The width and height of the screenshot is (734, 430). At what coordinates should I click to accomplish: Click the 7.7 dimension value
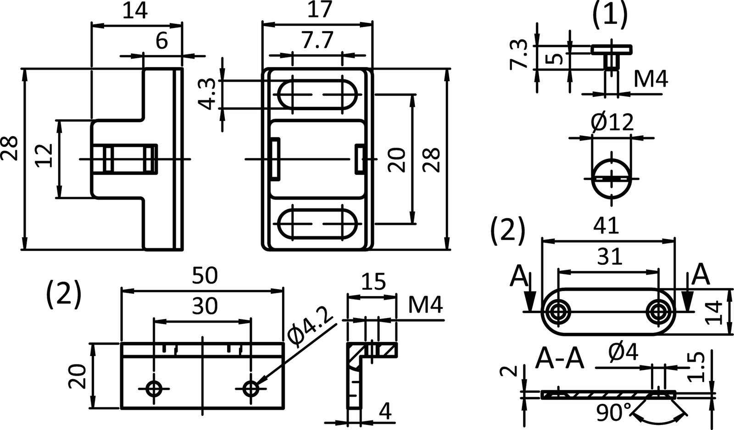point(317,41)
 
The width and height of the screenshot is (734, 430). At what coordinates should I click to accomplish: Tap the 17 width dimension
point(320,10)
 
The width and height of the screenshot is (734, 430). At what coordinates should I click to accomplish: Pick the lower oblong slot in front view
point(317,223)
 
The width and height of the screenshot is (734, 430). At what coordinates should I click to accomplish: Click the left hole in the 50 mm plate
point(153,389)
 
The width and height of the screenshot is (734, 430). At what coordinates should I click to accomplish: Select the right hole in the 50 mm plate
point(251,389)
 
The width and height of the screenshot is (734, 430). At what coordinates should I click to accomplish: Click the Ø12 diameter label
point(612,123)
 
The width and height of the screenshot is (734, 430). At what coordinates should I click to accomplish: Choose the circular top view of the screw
point(612,178)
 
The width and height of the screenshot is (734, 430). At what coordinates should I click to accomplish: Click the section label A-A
point(560,358)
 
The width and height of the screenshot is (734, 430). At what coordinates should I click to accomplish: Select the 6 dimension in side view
point(161,42)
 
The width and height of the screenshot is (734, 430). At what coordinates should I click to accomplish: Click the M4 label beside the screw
point(651,80)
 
